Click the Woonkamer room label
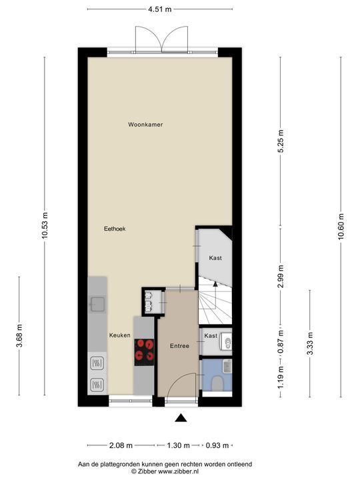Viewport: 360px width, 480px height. pos(145,125)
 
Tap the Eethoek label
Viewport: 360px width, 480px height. pos(115,229)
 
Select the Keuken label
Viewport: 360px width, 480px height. pos(120,335)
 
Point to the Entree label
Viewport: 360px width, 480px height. pos(180,346)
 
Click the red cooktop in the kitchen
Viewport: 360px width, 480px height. pos(144,353)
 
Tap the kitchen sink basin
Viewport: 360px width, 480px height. pos(98,304)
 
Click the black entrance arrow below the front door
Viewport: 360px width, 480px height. pos(181,418)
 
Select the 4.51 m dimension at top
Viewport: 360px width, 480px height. pos(160,9)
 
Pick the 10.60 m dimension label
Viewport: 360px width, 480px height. pos(341,227)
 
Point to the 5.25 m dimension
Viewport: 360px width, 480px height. pos(281,141)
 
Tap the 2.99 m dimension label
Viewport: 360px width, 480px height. pos(281,277)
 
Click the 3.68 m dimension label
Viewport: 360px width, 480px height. pos(19,335)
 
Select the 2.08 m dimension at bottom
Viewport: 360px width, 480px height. pos(121,445)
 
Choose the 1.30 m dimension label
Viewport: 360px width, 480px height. pos(178,445)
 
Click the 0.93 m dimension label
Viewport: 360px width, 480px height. pos(217,445)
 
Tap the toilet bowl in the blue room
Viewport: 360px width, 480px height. pos(217,383)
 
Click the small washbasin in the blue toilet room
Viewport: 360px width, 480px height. pos(227,367)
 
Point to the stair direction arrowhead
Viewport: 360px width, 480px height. pos(215,284)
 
